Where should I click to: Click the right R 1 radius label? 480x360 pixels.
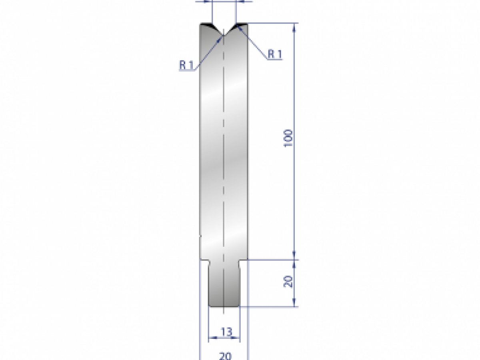coord(274,54)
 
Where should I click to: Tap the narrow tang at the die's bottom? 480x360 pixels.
coord(224,284)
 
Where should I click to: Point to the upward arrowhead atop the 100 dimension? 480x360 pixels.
coord(295,26)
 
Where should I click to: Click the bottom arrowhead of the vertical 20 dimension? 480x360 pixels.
coord(295,304)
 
